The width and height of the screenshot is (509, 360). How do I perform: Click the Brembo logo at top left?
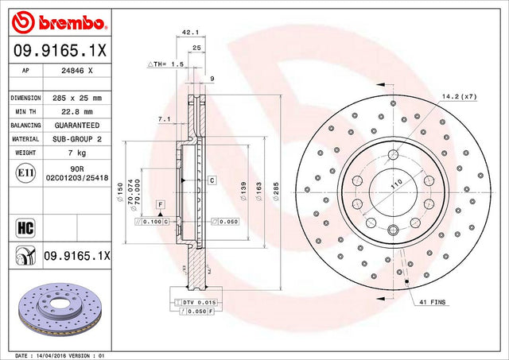pyautogui.click(x=58, y=22)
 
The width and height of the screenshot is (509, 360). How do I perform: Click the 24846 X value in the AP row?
pyautogui.click(x=77, y=71)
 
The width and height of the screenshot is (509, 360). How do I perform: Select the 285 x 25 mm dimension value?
pyautogui.click(x=77, y=98)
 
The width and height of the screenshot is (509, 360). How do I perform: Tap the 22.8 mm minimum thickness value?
pyautogui.click(x=77, y=112)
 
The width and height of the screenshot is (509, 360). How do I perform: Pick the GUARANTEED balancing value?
pyautogui.click(x=77, y=126)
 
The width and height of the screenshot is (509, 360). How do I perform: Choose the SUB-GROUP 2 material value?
pyautogui.click(x=77, y=139)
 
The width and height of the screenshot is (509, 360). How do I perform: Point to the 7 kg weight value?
pyautogui.click(x=77, y=153)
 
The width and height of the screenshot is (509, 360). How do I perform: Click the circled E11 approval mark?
pyautogui.click(x=25, y=173)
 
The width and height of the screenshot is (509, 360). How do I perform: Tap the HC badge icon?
pyautogui.click(x=25, y=227)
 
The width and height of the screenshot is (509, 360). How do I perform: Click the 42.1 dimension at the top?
pyautogui.click(x=189, y=33)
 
